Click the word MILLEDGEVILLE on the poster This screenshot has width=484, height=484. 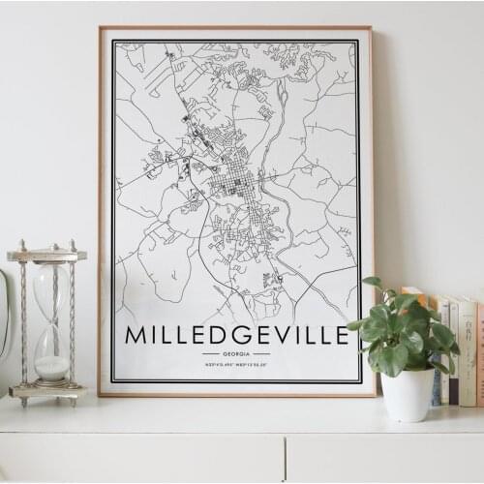pyautogui.click(x=236, y=336)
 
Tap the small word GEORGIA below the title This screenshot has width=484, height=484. pyautogui.click(x=236, y=355)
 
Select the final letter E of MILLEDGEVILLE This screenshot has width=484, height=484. pyautogui.click(x=341, y=336)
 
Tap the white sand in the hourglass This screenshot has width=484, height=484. pyautogui.click(x=51, y=368)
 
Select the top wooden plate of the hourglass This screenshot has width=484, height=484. pyautogui.click(x=46, y=255)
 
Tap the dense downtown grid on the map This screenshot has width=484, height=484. pyautogui.click(x=236, y=184)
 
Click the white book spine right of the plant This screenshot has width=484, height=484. pyautogui.click(x=468, y=353)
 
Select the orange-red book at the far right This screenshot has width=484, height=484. pyautogui.click(x=479, y=353)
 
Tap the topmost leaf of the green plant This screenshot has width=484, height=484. pyautogui.click(x=373, y=283)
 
